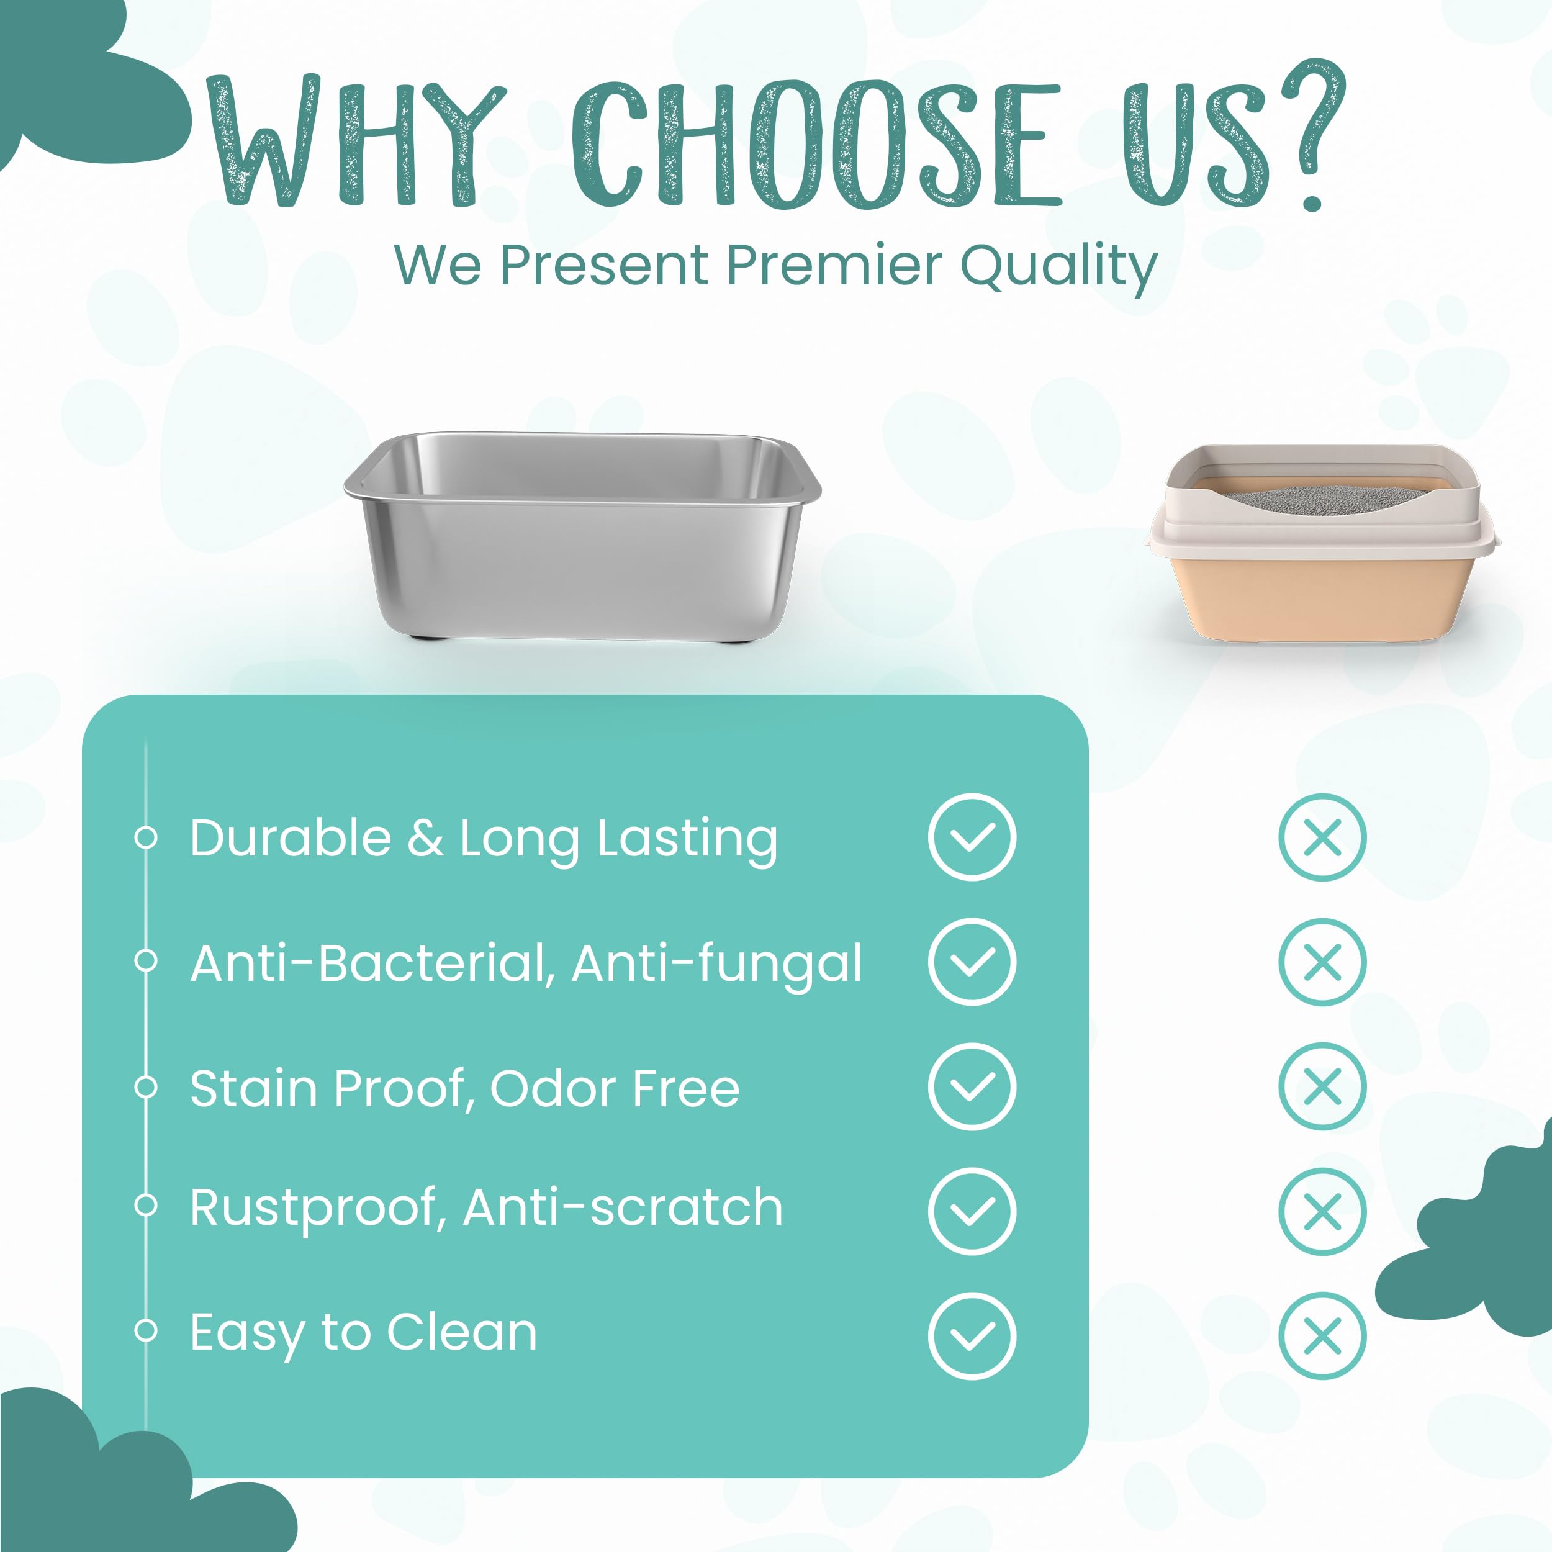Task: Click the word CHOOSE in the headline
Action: point(816,144)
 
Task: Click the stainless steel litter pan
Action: point(582,536)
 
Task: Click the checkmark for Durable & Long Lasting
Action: point(972,837)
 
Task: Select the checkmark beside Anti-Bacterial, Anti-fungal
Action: point(972,962)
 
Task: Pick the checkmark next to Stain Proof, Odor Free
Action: point(972,1086)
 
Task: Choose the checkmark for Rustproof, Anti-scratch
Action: point(972,1211)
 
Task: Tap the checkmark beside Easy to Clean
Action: point(972,1336)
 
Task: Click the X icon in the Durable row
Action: point(1322,837)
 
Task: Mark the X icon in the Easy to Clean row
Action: point(1322,1336)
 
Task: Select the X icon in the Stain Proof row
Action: point(1322,1086)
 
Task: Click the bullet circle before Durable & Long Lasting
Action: point(145,837)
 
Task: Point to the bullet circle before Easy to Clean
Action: point(145,1331)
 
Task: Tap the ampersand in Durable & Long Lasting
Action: point(425,838)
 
